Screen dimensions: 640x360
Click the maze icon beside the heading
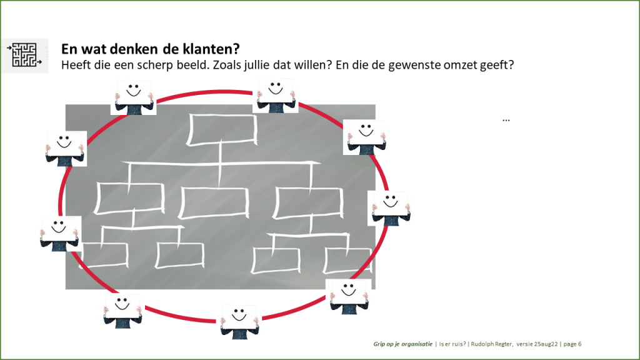(x=24, y=56)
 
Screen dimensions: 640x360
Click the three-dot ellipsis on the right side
(x=506, y=120)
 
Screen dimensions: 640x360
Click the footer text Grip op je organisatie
(x=403, y=344)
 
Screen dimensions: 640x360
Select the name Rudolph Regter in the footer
(x=491, y=344)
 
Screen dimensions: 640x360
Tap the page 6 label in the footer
(x=572, y=344)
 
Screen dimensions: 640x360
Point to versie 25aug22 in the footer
(x=537, y=344)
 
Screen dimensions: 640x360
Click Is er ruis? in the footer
(x=452, y=344)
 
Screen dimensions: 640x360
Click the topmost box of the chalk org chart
(x=222, y=130)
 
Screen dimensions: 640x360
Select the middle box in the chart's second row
(x=214, y=203)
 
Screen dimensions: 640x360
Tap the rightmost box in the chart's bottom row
(x=347, y=261)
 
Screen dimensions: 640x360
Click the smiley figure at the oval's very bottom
(x=240, y=322)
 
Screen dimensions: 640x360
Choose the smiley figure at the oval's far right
(x=389, y=208)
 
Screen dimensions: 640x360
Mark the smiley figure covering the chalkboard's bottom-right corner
(x=349, y=297)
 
